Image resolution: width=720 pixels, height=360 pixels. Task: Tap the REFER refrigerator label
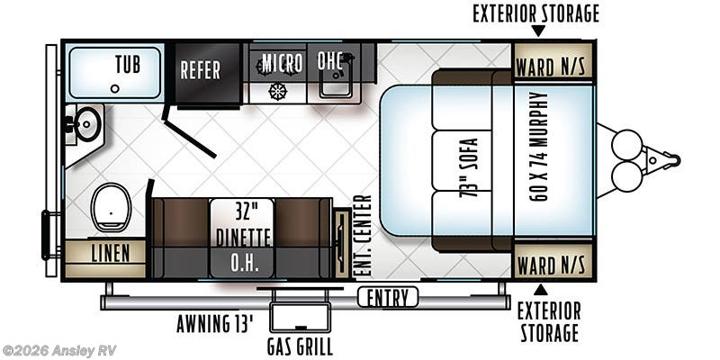(x=200, y=70)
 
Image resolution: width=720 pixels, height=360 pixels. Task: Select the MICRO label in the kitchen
(x=282, y=63)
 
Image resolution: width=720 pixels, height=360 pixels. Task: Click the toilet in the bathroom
(x=112, y=206)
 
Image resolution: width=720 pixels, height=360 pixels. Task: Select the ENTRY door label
(x=388, y=298)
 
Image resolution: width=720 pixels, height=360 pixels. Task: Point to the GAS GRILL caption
(x=300, y=347)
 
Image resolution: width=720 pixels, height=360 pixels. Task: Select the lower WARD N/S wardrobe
(x=552, y=265)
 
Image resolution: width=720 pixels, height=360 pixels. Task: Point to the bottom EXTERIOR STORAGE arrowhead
(x=540, y=290)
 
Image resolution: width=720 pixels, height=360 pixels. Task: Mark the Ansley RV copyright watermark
(x=59, y=350)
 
